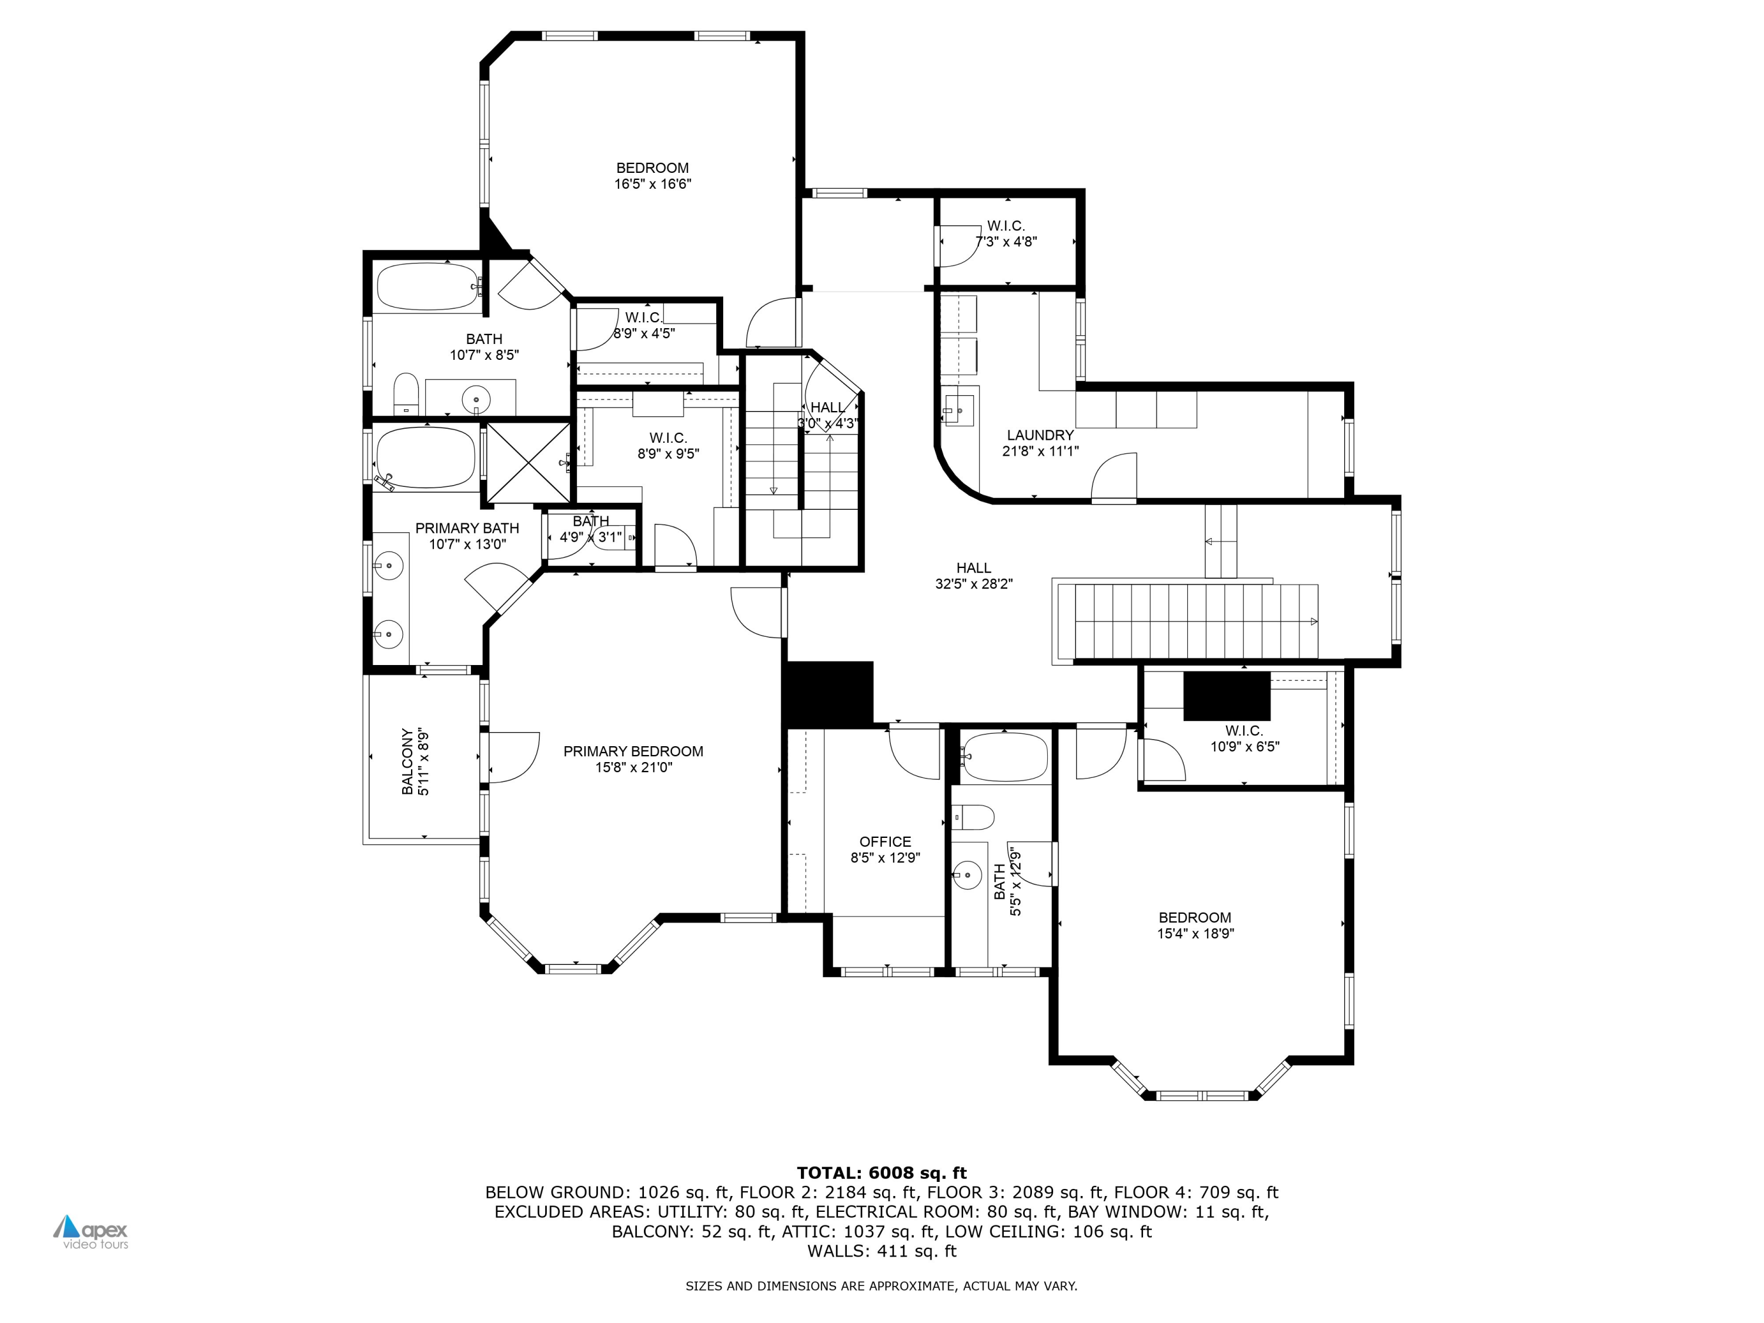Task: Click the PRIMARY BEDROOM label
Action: click(x=633, y=751)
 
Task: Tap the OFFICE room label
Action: click(x=885, y=841)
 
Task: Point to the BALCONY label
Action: click(x=407, y=761)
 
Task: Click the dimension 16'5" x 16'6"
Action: click(x=652, y=184)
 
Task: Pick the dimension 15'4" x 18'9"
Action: click(x=1195, y=934)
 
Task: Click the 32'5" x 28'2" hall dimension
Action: click(x=974, y=584)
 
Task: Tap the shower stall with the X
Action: click(x=528, y=463)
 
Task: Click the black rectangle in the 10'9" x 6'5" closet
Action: click(x=1227, y=696)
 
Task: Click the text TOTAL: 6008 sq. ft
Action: click(x=881, y=1172)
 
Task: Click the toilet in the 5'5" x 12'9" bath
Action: click(x=973, y=817)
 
